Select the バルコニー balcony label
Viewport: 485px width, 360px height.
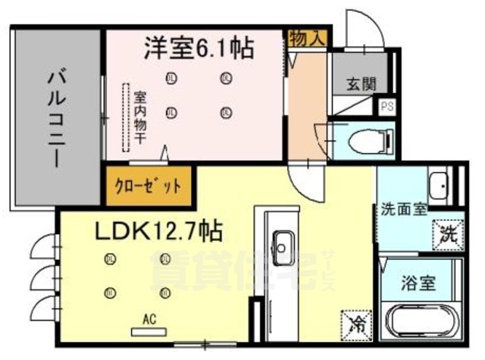tap(55, 117)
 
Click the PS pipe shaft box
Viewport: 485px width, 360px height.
tap(387, 106)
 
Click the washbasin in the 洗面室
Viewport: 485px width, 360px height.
tap(438, 184)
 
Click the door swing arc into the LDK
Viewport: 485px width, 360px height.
tap(308, 180)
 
